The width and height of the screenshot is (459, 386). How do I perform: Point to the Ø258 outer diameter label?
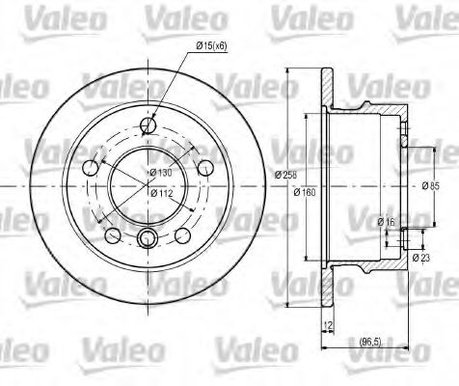pos(284,174)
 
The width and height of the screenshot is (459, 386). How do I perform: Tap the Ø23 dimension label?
pos(420,257)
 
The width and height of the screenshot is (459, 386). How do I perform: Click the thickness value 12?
pos(327,325)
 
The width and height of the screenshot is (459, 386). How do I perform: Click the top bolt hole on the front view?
pos(148,124)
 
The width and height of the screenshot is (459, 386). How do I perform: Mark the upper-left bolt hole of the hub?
pos(92,167)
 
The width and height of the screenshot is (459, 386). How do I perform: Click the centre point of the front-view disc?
pos(148,181)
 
